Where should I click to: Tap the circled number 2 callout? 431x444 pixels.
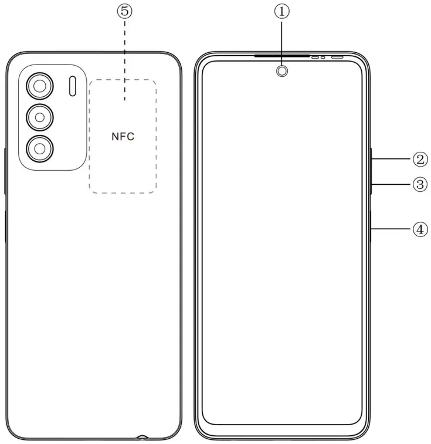click(419, 158)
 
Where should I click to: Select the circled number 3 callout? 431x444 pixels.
click(419, 184)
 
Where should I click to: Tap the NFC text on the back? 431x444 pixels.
click(123, 137)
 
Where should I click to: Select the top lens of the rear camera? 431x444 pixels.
click(39, 87)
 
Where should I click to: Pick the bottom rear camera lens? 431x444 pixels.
click(39, 148)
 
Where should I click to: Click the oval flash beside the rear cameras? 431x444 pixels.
click(72, 86)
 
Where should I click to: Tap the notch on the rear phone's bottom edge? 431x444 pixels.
click(142, 437)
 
